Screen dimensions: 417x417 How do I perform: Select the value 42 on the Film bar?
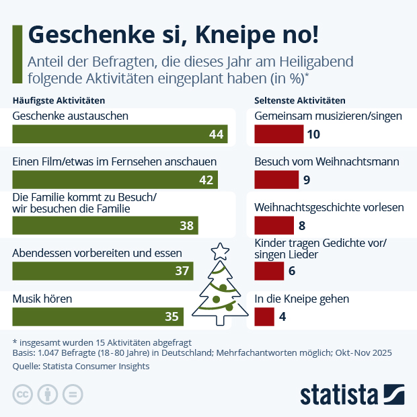click(x=206, y=180)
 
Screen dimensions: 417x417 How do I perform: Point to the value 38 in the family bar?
click(x=186, y=226)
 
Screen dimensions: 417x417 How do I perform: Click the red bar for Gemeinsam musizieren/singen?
click(x=278, y=135)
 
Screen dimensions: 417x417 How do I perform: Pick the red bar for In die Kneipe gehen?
click(x=264, y=316)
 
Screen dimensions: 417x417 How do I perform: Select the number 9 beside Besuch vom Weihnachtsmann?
click(x=307, y=180)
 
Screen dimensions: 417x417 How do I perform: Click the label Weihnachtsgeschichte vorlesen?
click(x=329, y=207)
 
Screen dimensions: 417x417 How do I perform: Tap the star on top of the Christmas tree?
click(x=220, y=252)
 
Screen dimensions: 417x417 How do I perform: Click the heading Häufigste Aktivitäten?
click(x=59, y=100)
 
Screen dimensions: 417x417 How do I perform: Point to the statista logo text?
click(x=338, y=394)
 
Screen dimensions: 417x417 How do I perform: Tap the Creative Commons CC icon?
click(x=23, y=394)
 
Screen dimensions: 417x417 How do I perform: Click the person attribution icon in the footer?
click(x=47, y=394)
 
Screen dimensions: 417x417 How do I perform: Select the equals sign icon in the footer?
click(x=71, y=394)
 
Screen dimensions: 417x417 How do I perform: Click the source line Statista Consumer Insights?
click(x=81, y=367)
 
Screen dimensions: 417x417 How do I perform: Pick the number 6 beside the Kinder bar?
click(x=292, y=271)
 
